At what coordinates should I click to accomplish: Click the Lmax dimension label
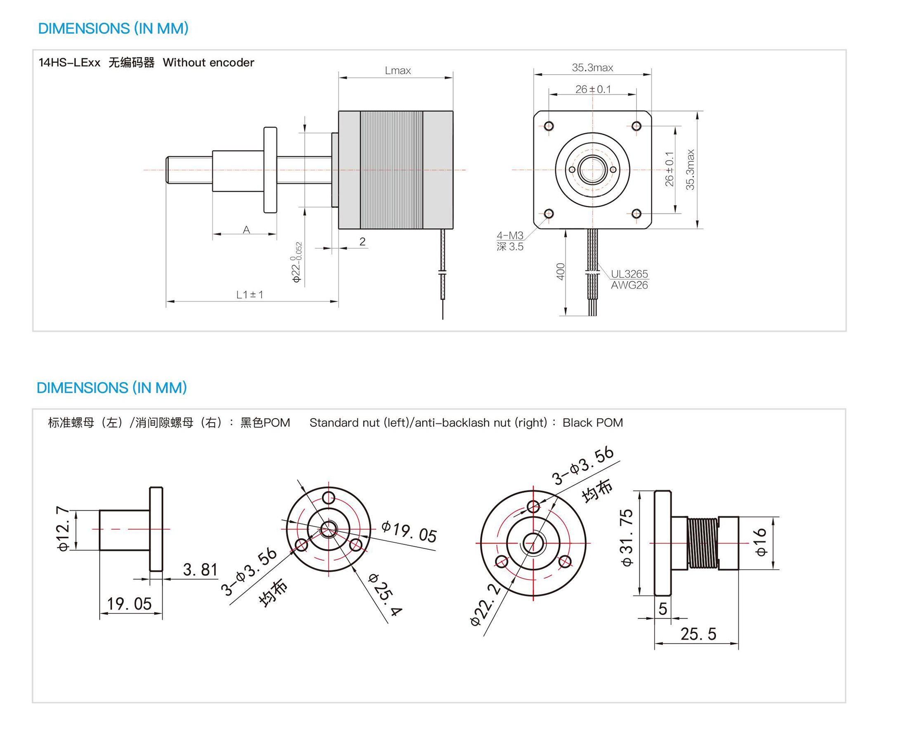click(398, 70)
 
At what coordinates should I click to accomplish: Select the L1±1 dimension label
click(250, 294)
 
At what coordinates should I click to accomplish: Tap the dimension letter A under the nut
click(246, 230)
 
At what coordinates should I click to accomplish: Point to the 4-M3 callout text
click(510, 235)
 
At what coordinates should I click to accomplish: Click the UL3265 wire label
click(629, 274)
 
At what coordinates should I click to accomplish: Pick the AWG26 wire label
click(629, 285)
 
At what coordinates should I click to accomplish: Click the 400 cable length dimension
click(560, 272)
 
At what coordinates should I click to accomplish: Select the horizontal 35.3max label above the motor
click(593, 68)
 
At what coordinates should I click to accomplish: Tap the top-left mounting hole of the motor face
click(549, 126)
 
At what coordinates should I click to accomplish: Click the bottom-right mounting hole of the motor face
click(636, 213)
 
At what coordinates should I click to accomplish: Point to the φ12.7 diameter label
click(62, 529)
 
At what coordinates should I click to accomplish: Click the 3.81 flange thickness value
click(200, 570)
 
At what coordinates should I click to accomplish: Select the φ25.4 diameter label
click(385, 594)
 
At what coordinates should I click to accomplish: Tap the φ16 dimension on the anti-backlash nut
click(761, 542)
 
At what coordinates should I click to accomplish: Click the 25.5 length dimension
click(698, 634)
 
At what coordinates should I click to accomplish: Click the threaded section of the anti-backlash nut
click(702, 543)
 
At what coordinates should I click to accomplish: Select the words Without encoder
click(208, 62)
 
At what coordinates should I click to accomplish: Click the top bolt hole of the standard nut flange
click(328, 498)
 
